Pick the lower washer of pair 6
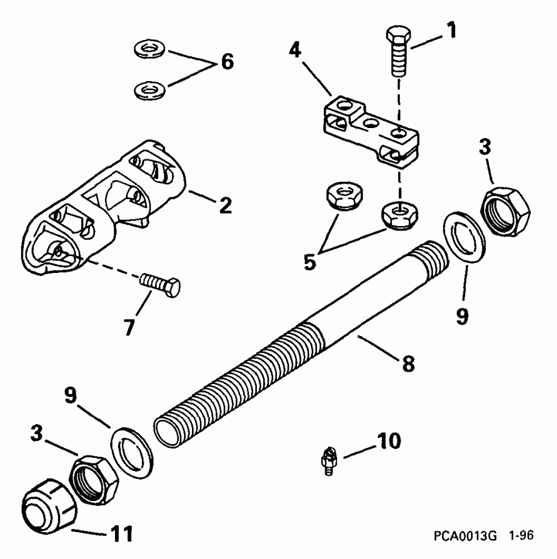tap(149, 91)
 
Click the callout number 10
tap(384, 443)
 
